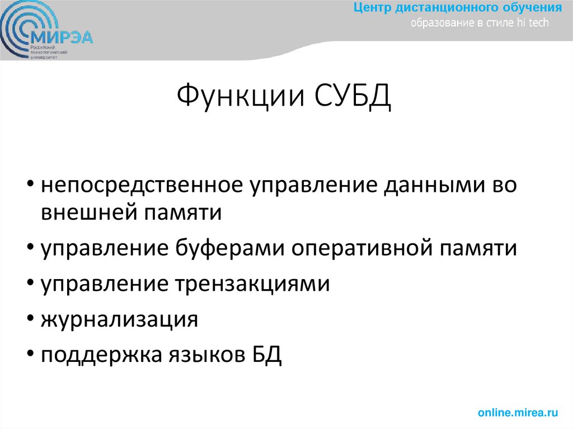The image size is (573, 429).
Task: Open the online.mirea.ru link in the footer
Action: (x=518, y=413)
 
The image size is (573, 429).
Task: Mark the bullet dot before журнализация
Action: (x=29, y=320)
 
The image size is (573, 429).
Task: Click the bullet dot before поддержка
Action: (x=29, y=355)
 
